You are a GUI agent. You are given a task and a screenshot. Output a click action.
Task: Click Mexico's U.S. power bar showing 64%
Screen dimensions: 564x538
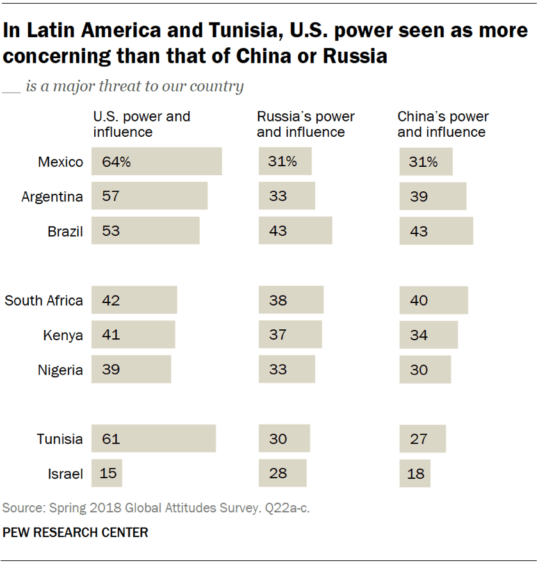click(157, 162)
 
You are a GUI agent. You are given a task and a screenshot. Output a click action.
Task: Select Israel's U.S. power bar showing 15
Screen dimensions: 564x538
click(107, 474)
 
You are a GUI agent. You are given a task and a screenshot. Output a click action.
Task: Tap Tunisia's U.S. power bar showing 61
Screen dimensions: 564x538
click(154, 439)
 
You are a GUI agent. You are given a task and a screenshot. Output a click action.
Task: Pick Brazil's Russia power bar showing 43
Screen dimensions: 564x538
click(295, 231)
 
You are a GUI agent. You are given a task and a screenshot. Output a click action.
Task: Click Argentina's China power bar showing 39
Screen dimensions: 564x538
click(433, 196)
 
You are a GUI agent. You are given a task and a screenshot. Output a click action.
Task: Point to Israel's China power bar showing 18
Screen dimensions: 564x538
click(415, 474)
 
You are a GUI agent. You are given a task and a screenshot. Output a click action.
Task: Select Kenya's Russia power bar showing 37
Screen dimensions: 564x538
click(290, 335)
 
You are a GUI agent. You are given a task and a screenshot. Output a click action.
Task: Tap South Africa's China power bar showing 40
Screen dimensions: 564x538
click(434, 301)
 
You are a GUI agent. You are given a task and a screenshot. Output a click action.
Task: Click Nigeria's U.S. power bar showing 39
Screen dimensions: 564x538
click(131, 370)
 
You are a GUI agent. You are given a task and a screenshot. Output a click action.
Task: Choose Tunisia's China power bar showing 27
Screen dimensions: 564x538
click(423, 439)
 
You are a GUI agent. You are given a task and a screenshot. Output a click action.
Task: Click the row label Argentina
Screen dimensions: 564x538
click(52, 197)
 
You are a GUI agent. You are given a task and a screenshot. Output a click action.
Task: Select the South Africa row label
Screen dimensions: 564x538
click(44, 301)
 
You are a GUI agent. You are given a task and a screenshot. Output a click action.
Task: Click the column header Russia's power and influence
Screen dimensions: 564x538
click(306, 125)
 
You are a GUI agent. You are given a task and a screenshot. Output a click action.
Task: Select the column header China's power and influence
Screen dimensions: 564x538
click(443, 125)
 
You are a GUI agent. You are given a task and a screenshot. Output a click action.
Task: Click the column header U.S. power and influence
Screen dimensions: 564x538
click(142, 125)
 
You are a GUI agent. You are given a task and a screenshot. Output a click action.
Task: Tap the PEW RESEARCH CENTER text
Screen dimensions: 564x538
click(76, 532)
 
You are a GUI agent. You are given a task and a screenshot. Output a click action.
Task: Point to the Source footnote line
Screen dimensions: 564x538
click(157, 508)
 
